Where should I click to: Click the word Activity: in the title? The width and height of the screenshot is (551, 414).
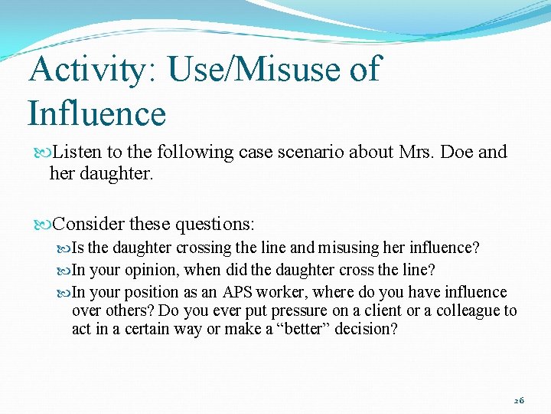tap(90, 70)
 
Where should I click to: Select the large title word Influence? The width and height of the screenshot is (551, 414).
tap(96, 113)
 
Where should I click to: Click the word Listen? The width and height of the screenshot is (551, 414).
tap(80, 152)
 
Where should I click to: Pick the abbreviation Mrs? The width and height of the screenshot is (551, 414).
tap(416, 152)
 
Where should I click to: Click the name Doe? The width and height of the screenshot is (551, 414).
tap(456, 152)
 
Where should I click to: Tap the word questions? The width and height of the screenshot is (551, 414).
tap(215, 225)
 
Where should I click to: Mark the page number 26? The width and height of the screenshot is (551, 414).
tap(519, 400)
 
